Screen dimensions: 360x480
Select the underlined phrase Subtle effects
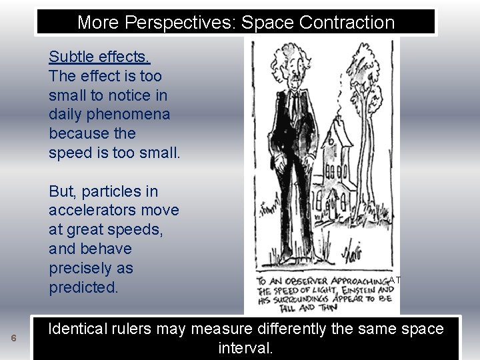click(99, 57)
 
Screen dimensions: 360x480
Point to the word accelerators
click(114, 211)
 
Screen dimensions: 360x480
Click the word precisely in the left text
click(91, 269)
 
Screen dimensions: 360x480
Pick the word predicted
click(83, 288)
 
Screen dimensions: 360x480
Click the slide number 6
click(13, 339)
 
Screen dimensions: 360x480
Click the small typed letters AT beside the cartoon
click(395, 281)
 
